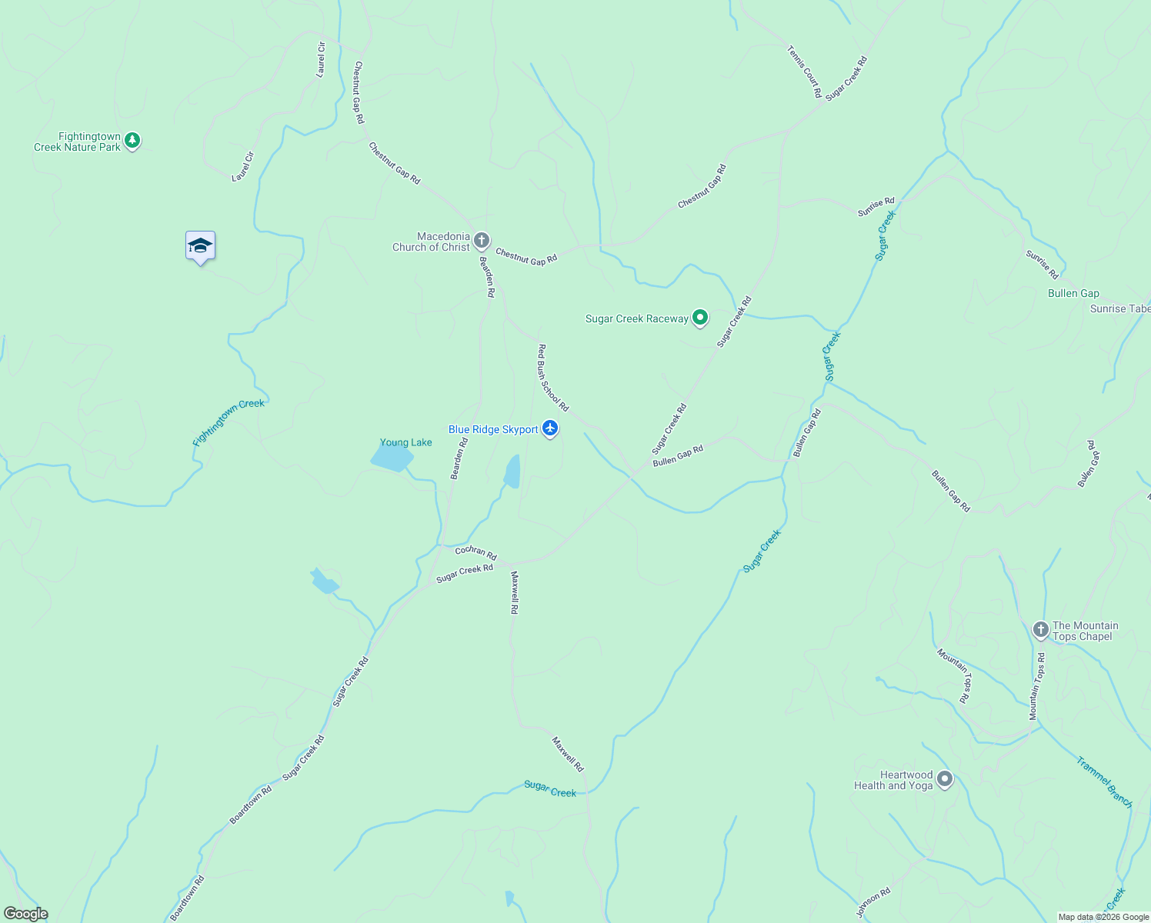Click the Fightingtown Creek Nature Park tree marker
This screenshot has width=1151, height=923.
pos(132,141)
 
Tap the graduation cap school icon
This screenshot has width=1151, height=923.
pos(200,246)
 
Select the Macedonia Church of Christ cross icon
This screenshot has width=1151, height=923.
pos(482,242)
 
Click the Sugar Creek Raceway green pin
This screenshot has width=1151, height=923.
pos(699,318)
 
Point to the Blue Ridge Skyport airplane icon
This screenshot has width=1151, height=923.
pos(549,428)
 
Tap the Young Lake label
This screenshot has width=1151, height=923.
pos(405,442)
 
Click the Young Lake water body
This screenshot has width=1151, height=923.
pos(392,458)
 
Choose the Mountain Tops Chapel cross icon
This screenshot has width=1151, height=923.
pos(1040,631)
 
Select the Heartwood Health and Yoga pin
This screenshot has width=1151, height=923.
pos(945,780)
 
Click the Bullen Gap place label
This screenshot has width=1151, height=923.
pos(1073,293)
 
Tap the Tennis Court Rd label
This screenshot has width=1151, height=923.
pos(805,72)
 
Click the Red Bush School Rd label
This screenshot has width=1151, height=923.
pos(552,378)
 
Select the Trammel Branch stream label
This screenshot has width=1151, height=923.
pos(1104,782)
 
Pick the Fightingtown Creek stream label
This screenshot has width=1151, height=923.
pos(229,422)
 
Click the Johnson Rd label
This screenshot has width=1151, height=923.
pos(873,903)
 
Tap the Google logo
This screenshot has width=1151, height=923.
pos(26,914)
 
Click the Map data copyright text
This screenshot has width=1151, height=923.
pos(1103,917)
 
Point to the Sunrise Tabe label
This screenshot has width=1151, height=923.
pos(1119,308)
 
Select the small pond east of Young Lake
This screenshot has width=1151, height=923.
pos(512,471)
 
